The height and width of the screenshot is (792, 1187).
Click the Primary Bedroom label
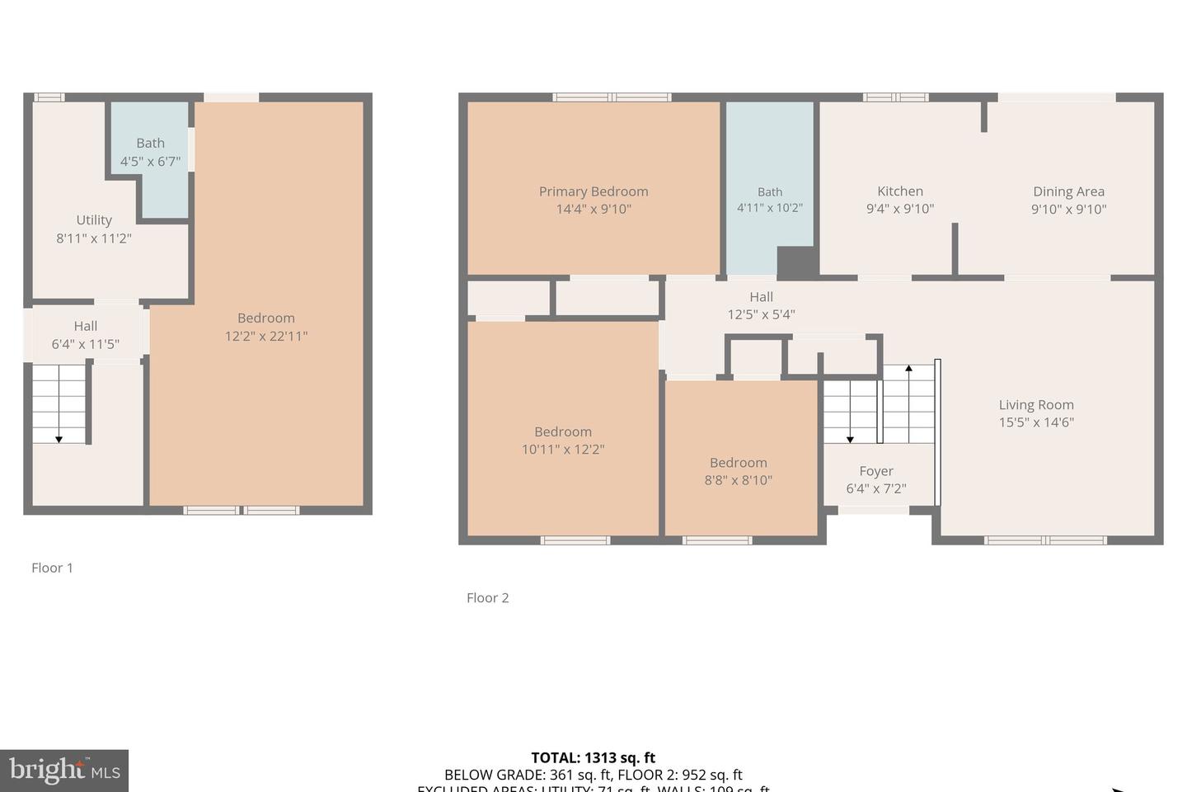click(593, 191)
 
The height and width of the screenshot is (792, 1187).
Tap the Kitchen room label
click(900, 191)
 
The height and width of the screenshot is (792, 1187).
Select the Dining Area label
click(1068, 191)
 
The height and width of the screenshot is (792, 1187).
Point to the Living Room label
click(1036, 405)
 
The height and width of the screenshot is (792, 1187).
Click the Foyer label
click(876, 471)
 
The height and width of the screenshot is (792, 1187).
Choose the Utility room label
click(94, 220)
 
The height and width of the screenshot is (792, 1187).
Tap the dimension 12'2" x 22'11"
click(266, 336)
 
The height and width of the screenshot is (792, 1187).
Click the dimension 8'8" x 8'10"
click(739, 480)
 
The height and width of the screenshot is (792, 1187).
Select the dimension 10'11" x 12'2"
click(563, 450)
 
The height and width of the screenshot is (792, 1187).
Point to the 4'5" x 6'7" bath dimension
click(150, 161)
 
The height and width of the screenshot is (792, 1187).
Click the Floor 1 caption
click(52, 568)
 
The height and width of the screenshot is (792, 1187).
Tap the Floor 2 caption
click(488, 598)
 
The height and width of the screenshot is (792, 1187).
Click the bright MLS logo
click(64, 771)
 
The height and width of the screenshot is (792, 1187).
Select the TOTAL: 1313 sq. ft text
click(593, 757)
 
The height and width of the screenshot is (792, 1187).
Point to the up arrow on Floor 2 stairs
click(908, 370)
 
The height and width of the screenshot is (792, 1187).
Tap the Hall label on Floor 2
click(761, 297)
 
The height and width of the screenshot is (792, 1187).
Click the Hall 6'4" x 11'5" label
click(86, 335)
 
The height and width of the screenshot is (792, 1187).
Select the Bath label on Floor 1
click(150, 144)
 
